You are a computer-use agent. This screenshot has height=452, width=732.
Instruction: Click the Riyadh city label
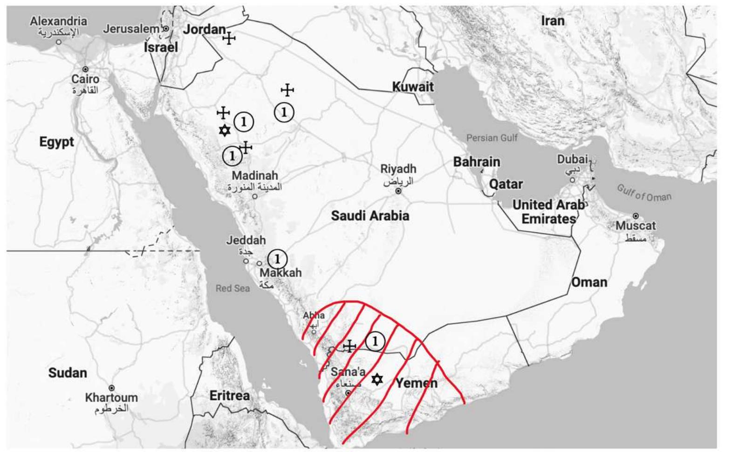click(x=398, y=169)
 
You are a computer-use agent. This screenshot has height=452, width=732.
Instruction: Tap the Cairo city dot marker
click(x=85, y=69)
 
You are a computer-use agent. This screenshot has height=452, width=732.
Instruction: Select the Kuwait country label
click(x=413, y=87)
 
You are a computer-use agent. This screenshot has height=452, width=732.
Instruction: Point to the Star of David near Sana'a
click(x=377, y=379)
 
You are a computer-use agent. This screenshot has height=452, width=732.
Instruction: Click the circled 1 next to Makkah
click(x=277, y=259)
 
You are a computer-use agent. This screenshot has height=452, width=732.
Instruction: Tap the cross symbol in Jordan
click(x=229, y=38)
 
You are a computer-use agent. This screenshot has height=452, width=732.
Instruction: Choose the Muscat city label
click(x=636, y=226)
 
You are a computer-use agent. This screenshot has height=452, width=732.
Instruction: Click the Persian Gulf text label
click(x=492, y=138)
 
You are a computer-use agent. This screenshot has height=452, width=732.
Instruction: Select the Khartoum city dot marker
click(x=112, y=388)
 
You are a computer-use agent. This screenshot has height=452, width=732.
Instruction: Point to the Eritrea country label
click(x=229, y=396)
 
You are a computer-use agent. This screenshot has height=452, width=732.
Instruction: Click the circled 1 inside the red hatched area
click(x=375, y=342)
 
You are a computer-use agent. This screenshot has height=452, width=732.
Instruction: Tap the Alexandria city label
click(x=58, y=21)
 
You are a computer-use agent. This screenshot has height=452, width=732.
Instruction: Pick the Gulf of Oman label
click(x=644, y=193)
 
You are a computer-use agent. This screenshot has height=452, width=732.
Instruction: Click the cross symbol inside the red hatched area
click(x=349, y=346)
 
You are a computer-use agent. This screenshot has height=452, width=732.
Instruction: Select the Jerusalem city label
click(x=131, y=29)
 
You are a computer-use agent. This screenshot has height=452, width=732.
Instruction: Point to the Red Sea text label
click(x=233, y=288)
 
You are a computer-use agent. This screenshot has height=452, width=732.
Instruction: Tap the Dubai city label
click(x=572, y=159)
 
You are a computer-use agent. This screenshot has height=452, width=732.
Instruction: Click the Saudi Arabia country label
click(x=370, y=216)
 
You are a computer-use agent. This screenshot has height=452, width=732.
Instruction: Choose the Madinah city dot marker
click(x=254, y=196)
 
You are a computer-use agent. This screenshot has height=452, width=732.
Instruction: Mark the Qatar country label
click(x=506, y=184)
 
